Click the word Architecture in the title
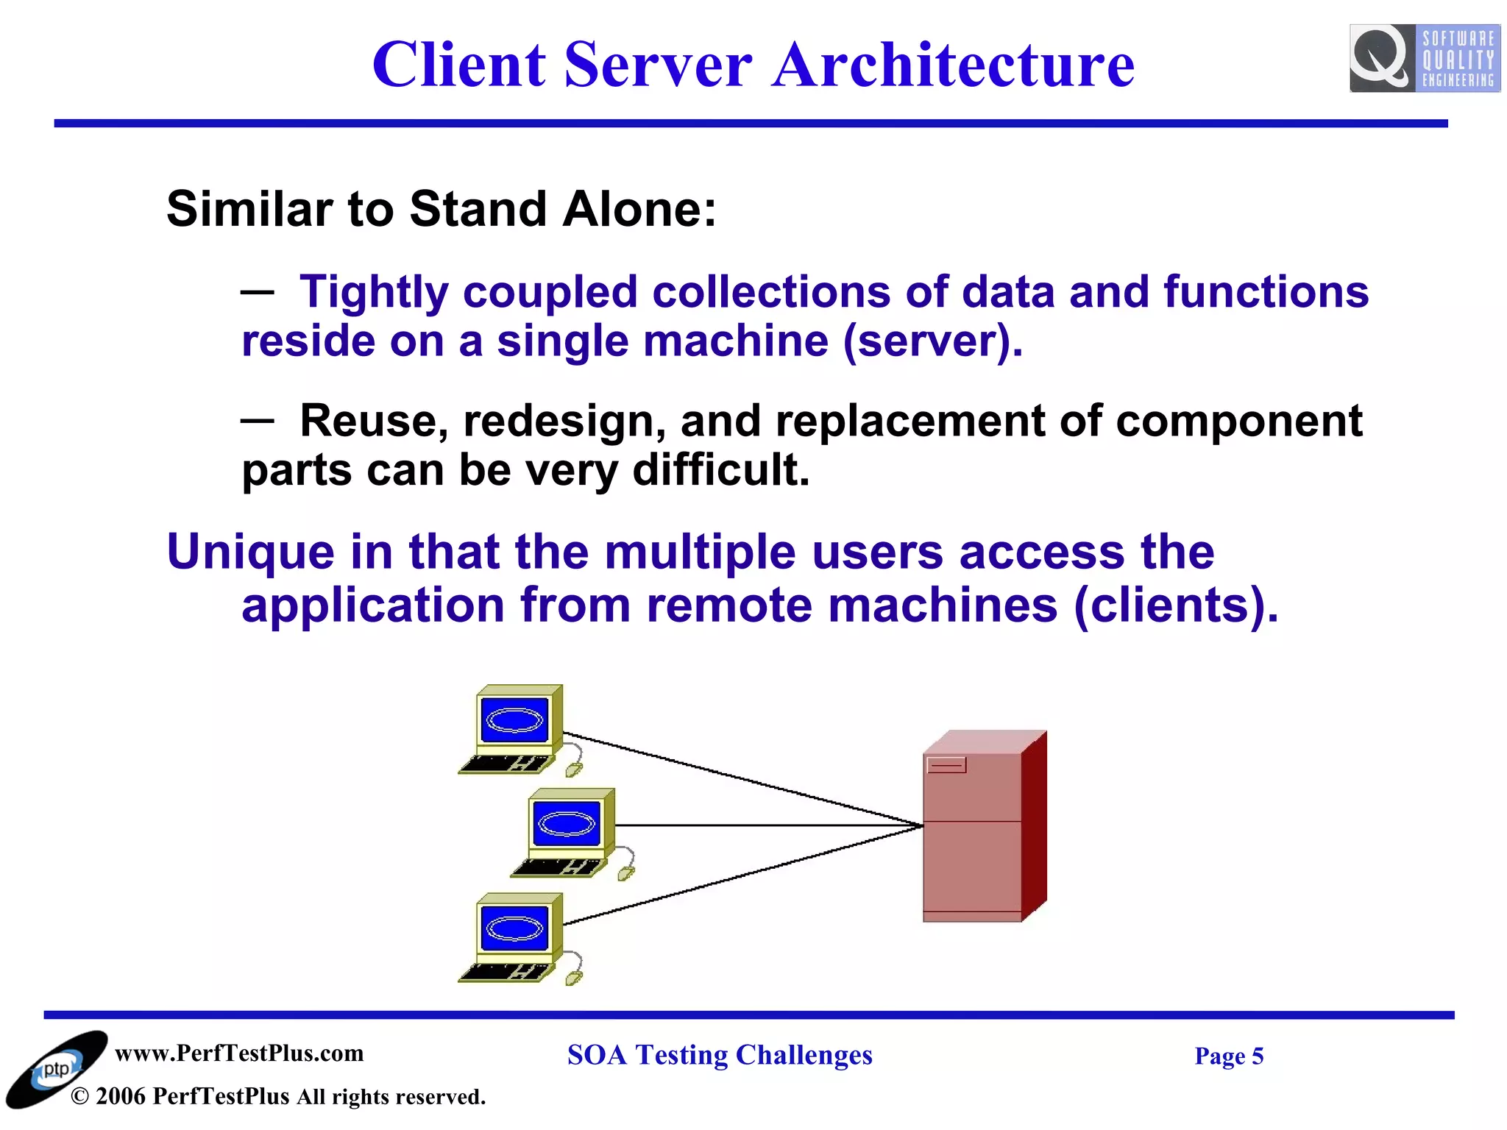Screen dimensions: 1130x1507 tap(953, 65)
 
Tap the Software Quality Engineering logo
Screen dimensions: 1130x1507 tap(1425, 58)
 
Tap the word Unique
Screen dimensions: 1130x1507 tap(250, 552)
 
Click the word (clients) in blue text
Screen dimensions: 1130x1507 tap(1175, 605)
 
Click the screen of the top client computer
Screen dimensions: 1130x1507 tap(514, 719)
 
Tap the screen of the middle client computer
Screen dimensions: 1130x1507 tap(567, 822)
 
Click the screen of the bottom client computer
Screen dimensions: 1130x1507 tap(514, 927)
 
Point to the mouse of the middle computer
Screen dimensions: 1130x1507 tap(625, 874)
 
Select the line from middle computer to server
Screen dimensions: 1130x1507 tap(765, 825)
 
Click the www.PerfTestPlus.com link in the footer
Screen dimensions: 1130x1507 tap(239, 1053)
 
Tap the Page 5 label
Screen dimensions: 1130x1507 tap(1228, 1056)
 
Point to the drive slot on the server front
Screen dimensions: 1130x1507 tap(946, 765)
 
